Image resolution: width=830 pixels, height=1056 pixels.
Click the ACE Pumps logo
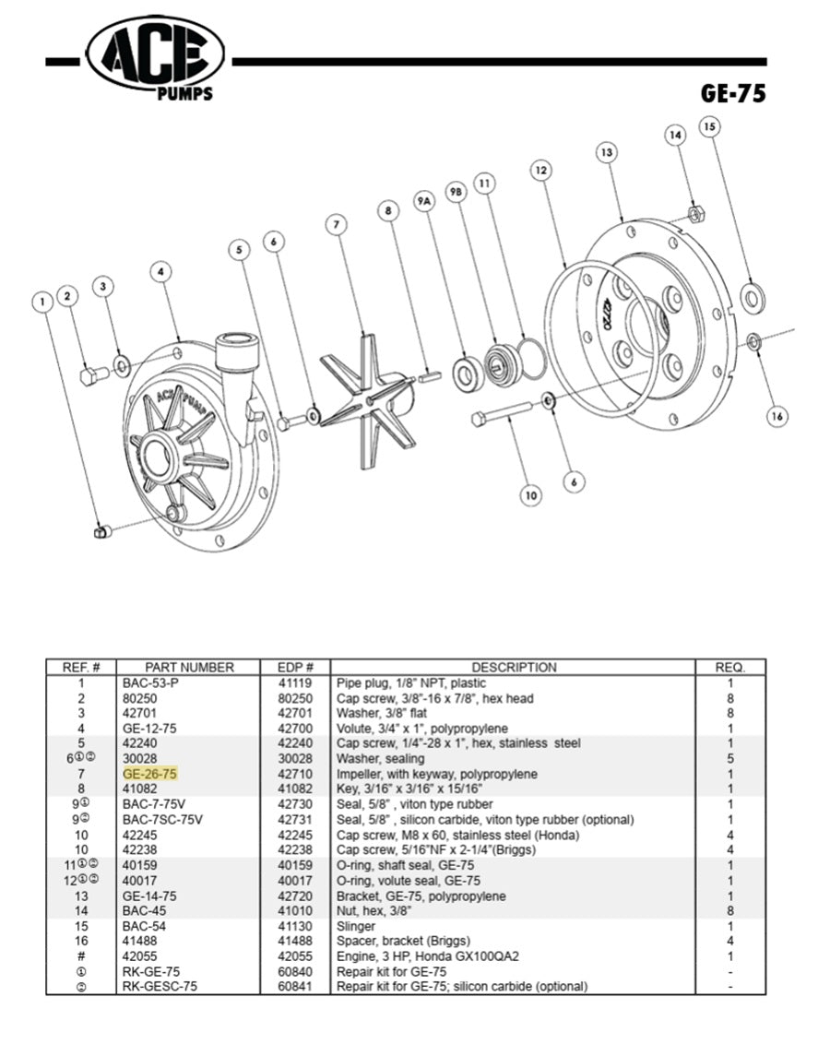155,57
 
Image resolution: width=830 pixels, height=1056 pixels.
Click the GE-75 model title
732,93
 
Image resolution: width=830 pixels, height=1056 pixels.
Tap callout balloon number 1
42,301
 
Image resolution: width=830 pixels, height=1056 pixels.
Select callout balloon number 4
161,272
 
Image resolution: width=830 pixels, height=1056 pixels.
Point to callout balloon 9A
424,199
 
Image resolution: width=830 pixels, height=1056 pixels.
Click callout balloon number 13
606,152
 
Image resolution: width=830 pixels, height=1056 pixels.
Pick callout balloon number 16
777,416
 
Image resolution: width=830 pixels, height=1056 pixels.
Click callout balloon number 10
530,495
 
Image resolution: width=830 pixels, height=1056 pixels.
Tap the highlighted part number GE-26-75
150,774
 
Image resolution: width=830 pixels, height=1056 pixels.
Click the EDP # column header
296,667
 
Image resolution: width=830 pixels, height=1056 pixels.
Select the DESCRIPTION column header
514,667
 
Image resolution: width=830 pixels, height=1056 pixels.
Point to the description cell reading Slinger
356,926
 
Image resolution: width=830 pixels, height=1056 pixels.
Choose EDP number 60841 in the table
296,986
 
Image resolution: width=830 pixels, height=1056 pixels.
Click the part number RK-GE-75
151,971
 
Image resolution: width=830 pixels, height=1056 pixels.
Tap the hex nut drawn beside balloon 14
696,215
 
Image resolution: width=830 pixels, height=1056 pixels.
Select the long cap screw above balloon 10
502,412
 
